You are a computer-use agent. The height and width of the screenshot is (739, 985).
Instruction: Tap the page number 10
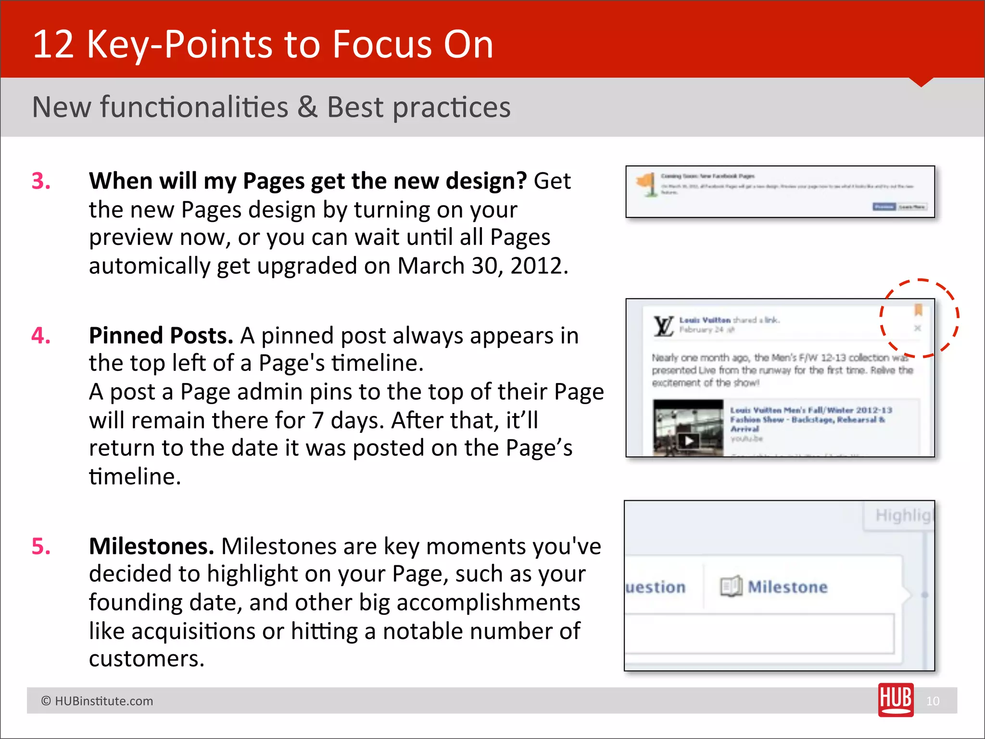(x=933, y=701)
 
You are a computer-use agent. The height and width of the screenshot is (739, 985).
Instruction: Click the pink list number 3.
(x=41, y=181)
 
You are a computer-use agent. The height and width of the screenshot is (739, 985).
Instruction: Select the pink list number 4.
(x=41, y=335)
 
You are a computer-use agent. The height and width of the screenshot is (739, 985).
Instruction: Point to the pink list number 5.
(x=41, y=547)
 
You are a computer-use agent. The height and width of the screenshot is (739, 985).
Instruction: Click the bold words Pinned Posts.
(x=161, y=335)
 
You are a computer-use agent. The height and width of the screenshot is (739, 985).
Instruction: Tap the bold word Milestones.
(x=151, y=547)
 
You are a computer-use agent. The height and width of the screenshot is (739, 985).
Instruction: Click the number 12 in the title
(x=53, y=44)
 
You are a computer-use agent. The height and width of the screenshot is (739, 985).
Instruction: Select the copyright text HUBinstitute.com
(x=103, y=701)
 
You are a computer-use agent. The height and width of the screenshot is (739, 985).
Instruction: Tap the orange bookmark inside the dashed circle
(x=918, y=310)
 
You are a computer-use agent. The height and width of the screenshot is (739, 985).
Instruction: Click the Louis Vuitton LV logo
(x=663, y=326)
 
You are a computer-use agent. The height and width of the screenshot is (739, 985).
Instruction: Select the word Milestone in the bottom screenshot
(x=787, y=587)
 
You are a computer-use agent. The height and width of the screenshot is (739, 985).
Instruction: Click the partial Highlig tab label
(x=903, y=515)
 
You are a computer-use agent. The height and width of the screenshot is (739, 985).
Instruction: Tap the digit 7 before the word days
(x=317, y=420)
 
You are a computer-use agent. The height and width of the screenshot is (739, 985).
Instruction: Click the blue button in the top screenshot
(x=884, y=207)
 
